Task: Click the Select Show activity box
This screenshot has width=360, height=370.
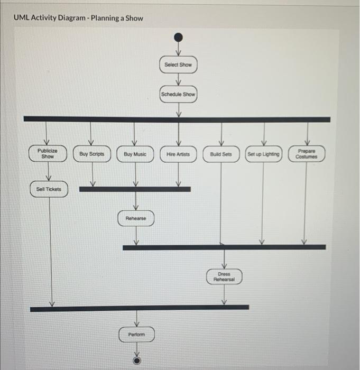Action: click(178, 64)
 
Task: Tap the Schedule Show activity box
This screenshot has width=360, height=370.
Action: click(178, 95)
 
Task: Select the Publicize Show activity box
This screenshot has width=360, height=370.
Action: click(48, 154)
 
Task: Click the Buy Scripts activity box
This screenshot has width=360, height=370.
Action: click(92, 154)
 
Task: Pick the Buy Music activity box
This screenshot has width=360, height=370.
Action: click(135, 154)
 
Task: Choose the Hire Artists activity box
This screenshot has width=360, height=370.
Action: click(178, 154)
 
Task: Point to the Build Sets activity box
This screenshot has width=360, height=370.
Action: click(221, 154)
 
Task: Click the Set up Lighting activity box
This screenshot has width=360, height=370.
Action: click(264, 154)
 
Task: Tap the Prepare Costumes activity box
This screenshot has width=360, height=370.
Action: click(307, 154)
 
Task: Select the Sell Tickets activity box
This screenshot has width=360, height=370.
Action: click(49, 189)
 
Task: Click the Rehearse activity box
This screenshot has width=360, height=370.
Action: click(136, 218)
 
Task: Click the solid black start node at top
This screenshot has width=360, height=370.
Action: click(179, 38)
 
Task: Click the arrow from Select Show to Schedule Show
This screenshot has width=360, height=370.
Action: click(179, 79)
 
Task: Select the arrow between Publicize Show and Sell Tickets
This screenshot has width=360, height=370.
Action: click(49, 172)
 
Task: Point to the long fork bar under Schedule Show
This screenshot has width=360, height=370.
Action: click(177, 119)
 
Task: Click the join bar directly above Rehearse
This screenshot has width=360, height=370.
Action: click(135, 189)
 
